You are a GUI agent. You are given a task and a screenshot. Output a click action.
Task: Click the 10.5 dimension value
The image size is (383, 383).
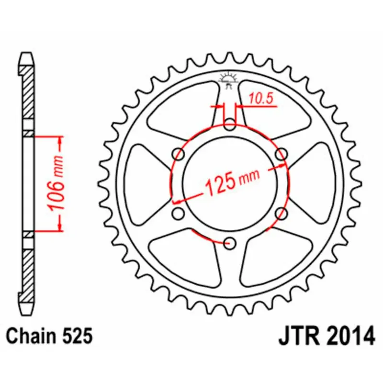coord(260,99)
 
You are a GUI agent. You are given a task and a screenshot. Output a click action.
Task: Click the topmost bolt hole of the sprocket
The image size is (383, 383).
coord(230,126)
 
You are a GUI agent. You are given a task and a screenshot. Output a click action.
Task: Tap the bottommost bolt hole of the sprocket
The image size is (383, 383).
coord(230,242)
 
